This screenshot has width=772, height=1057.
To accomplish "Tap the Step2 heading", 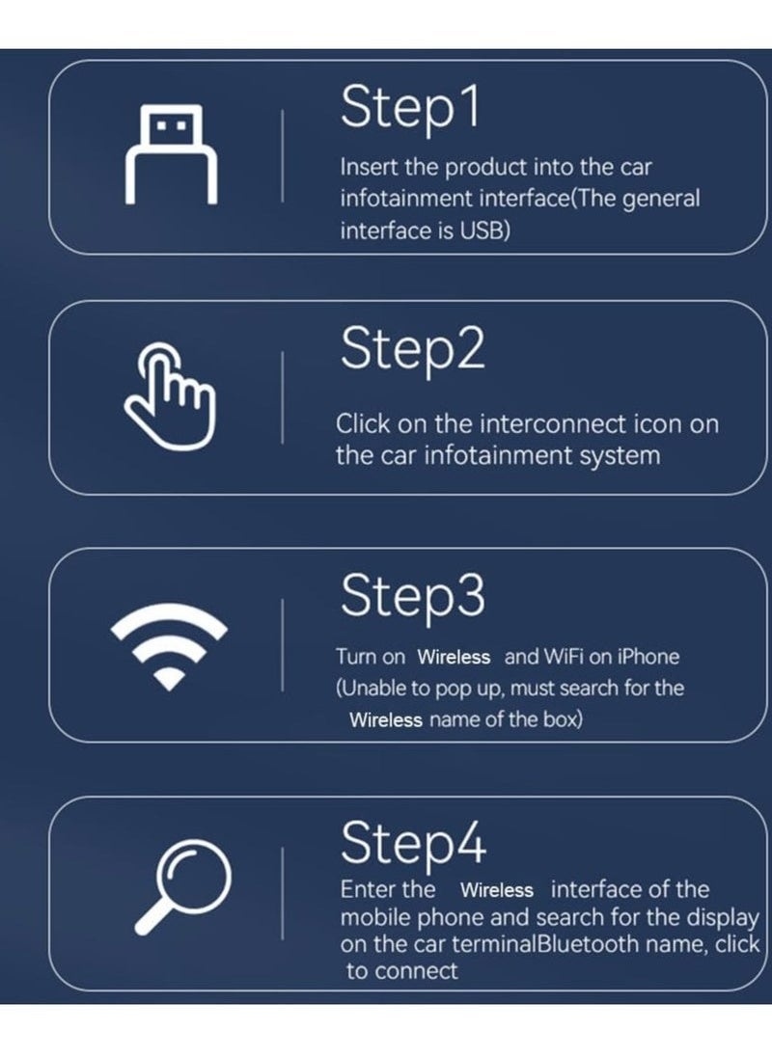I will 412,350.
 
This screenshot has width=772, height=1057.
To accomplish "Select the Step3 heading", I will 412,596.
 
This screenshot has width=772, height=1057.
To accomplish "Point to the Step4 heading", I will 413,844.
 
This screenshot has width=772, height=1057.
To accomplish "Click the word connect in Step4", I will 416,971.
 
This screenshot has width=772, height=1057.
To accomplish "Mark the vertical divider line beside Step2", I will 282,397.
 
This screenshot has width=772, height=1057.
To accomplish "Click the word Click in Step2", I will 364,423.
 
